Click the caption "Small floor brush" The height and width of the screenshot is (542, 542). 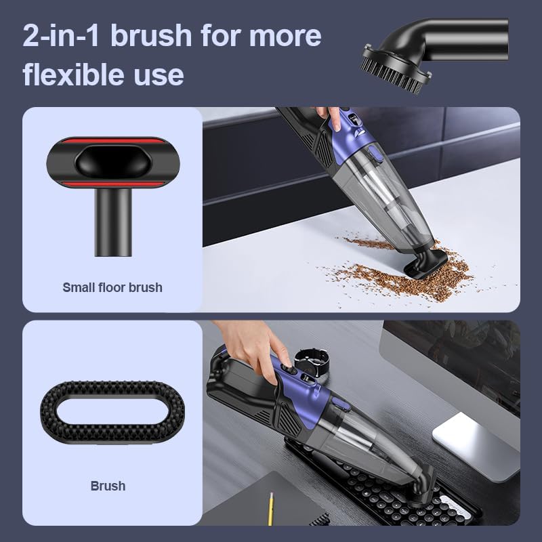[x=112, y=287]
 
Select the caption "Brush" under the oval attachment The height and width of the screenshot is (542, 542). [x=108, y=486]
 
